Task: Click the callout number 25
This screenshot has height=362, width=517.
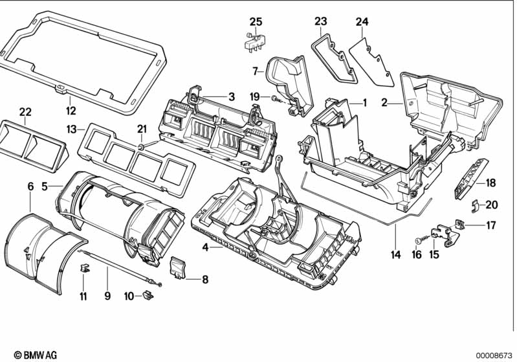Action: pyautogui.click(x=256, y=22)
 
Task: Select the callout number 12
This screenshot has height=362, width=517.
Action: pyautogui.click(x=71, y=110)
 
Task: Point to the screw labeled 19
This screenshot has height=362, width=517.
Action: pyautogui.click(x=276, y=98)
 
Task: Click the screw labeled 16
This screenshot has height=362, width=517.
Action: pyautogui.click(x=417, y=240)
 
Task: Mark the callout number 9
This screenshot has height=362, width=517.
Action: pyautogui.click(x=107, y=297)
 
